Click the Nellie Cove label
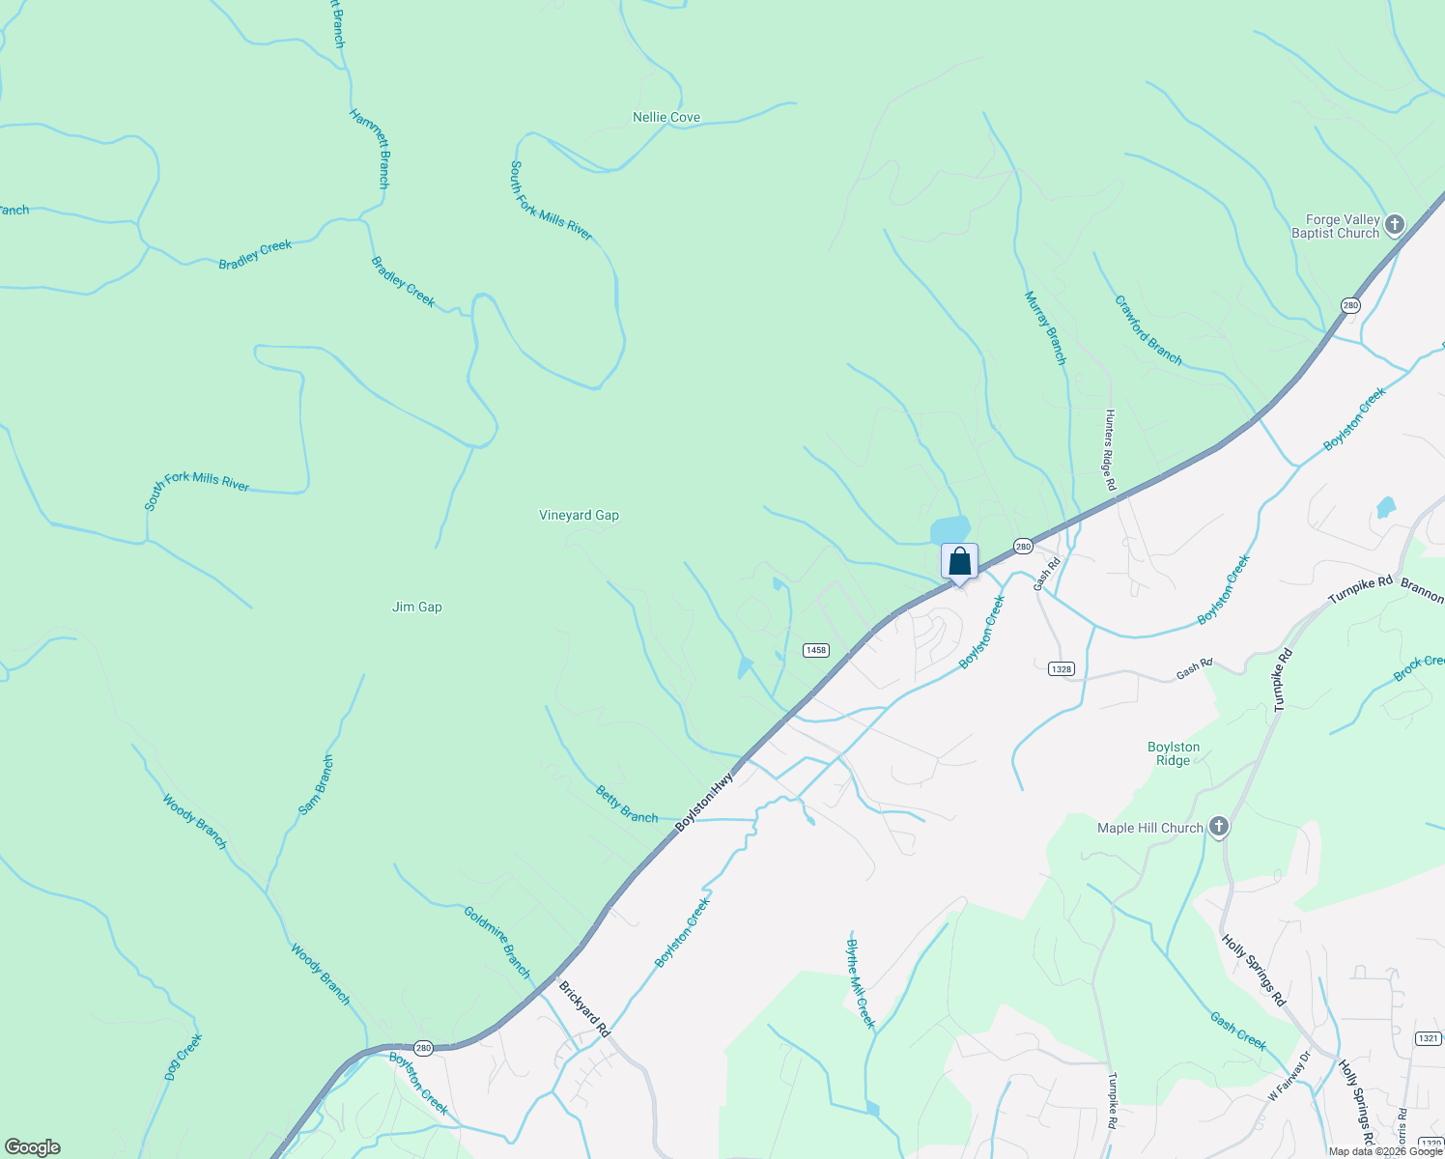tap(666, 117)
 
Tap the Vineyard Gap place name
tap(579, 515)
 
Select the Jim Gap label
tap(417, 607)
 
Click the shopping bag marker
tap(959, 562)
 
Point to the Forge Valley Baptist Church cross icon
tap(1394, 226)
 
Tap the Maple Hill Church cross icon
tap(1219, 827)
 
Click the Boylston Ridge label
tap(1174, 753)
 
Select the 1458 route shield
tap(815, 650)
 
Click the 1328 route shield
tap(1061, 668)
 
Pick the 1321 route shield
tap(1429, 1038)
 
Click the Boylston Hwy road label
tap(704, 802)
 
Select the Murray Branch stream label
tap(1046, 327)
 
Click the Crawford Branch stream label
tap(1148, 330)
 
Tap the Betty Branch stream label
tap(627, 805)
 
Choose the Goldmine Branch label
tap(497, 942)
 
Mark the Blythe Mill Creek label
tap(861, 983)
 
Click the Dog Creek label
tap(183, 1058)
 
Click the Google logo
tap(33, 1147)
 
